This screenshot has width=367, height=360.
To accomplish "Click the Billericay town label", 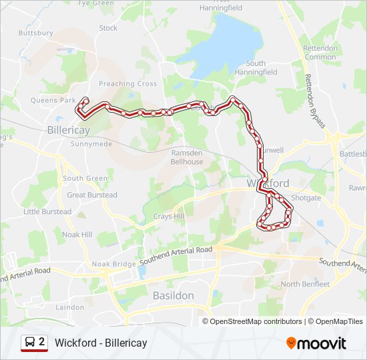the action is (69, 130).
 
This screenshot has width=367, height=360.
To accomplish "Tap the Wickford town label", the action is (268, 183).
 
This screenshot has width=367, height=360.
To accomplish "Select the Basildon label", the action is (173, 295).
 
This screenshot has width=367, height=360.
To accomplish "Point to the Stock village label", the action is (108, 28).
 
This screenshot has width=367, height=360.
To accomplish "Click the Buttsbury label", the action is (36, 32).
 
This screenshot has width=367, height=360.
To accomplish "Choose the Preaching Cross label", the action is (127, 84).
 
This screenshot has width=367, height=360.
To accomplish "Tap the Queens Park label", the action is (53, 101).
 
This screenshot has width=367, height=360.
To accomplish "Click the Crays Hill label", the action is (168, 217).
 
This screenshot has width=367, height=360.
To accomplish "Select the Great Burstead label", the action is (92, 195).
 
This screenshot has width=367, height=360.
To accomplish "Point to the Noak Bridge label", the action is (114, 264).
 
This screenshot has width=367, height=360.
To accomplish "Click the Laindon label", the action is (70, 307).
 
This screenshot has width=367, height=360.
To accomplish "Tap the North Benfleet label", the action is (305, 284).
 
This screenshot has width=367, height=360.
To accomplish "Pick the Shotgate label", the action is (306, 198).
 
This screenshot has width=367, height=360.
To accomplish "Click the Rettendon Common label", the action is (320, 53).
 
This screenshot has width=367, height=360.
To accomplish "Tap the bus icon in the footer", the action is (29, 343).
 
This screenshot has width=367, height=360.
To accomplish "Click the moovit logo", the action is (316, 343).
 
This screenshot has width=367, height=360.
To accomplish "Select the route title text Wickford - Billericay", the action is (101, 343).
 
